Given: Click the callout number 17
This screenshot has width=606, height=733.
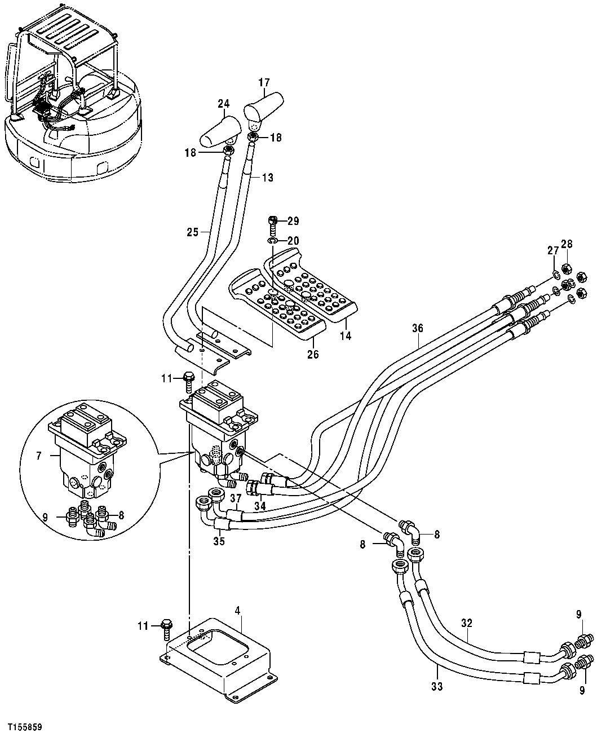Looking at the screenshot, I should point(264,82).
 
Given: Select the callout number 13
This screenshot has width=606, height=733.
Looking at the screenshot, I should point(267,178).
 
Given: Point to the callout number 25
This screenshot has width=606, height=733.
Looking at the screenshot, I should point(193,231).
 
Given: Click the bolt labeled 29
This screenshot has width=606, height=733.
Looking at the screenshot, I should point(273,221).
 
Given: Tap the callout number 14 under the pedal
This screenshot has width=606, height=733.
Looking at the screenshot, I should point(346,336).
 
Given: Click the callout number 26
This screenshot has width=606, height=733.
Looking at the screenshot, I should point(313,354).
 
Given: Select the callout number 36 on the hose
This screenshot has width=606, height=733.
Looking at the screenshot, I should point(417,328).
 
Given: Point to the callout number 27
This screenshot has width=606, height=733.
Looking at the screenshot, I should point(553,251).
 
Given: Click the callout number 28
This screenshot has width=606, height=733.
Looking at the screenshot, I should point(566,244).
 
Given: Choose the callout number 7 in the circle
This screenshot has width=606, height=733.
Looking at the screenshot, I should point(39,456).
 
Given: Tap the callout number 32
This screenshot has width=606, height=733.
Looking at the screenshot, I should point(466,624).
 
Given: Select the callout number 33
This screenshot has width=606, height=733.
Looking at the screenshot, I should point(437,686).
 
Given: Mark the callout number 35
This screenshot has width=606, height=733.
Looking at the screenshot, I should point(219,541).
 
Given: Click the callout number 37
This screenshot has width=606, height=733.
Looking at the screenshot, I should point(235,498).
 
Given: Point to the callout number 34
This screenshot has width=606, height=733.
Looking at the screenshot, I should point(259,506).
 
